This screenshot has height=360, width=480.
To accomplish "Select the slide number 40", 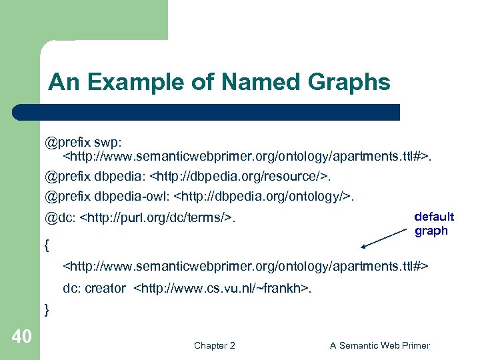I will (x=21, y=337).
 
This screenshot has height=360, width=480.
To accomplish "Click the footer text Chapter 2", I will (x=214, y=345).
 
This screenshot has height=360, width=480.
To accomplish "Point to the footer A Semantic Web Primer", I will (x=379, y=345).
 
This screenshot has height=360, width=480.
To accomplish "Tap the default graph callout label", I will (x=434, y=224).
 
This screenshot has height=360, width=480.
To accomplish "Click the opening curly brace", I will (x=47, y=245).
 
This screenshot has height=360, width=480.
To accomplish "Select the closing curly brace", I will (x=47, y=309).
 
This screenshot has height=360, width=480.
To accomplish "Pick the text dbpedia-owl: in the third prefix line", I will (x=127, y=197).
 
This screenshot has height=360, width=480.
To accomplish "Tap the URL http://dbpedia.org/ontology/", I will (x=262, y=197).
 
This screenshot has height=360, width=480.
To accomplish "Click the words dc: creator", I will (x=94, y=288).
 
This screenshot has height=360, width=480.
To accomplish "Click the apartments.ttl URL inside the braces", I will (x=245, y=266).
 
